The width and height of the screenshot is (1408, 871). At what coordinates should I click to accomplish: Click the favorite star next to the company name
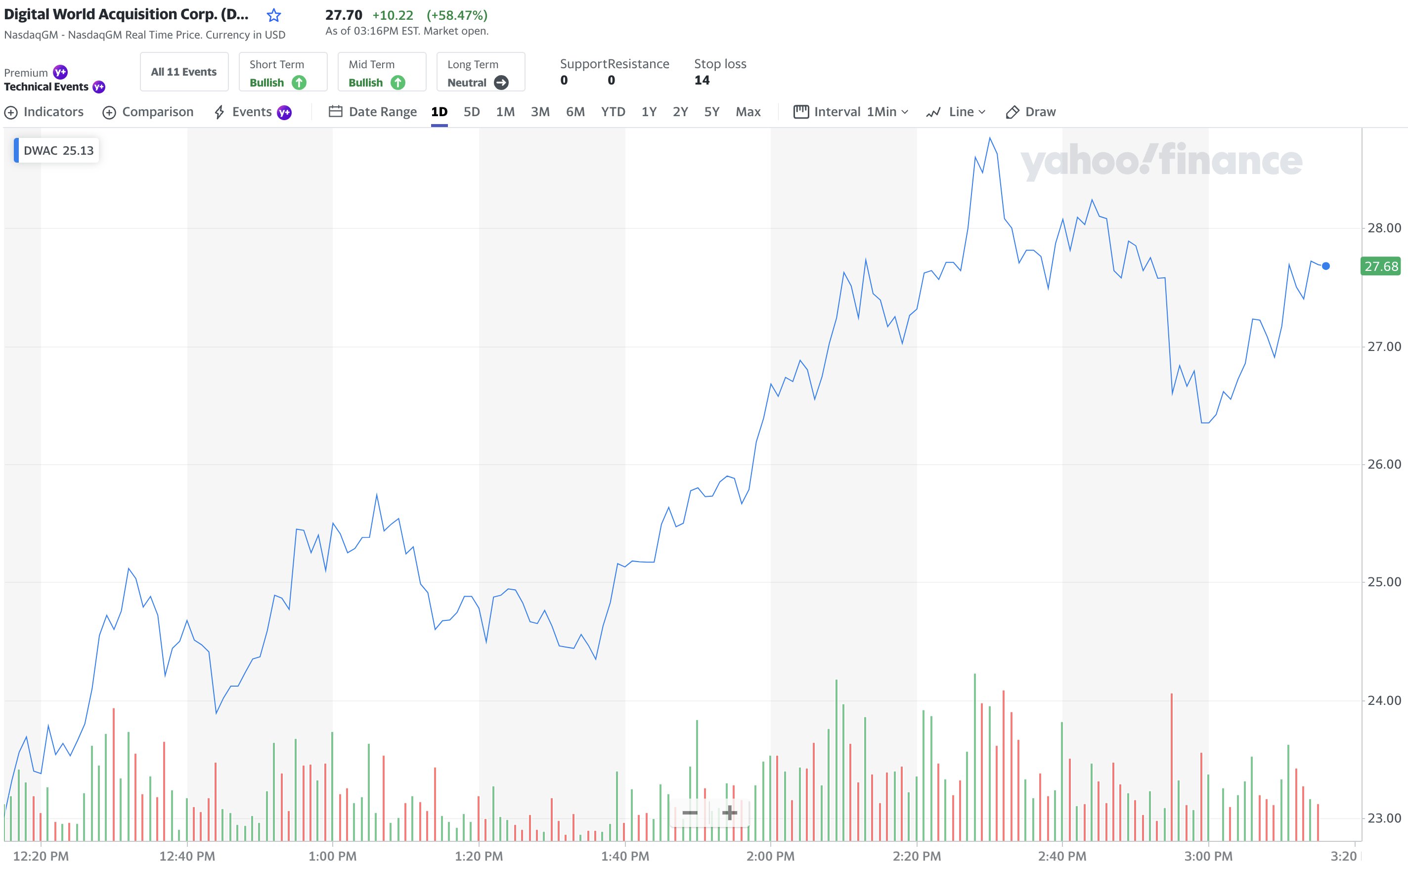274,15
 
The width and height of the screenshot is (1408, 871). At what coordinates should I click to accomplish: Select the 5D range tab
471,112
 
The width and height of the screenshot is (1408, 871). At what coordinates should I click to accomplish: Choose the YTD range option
613,112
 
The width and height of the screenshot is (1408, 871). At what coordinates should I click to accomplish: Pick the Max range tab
748,112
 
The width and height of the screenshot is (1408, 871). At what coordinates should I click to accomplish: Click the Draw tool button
1031,112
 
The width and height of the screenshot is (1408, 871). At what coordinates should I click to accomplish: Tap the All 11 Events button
184,72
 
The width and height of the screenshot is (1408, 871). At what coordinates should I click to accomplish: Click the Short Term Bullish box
283,72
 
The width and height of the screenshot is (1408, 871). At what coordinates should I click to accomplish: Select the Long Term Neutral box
481,72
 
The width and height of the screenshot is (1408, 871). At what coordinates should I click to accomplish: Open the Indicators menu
44,112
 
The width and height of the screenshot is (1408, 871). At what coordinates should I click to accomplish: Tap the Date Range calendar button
373,112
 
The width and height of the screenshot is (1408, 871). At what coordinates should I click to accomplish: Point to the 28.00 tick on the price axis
1384,228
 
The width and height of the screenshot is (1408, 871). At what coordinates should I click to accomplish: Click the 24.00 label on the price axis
1384,700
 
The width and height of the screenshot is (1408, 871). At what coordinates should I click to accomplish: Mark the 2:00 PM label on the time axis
770,856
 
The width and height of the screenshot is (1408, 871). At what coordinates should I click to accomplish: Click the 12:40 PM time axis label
187,856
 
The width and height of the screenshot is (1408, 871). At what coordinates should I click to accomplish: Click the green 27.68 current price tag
1380,266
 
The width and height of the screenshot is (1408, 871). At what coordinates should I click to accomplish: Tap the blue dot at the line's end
1325,266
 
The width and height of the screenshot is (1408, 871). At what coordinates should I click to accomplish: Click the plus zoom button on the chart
729,813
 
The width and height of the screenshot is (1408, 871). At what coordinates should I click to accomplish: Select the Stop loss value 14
702,80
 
